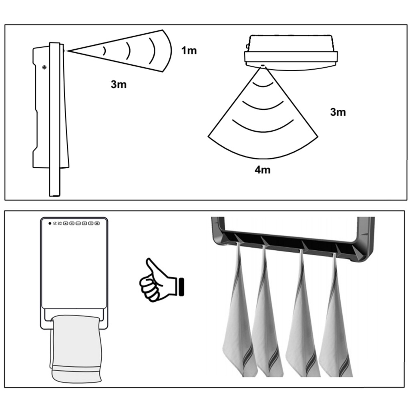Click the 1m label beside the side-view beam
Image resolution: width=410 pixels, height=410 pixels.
click(x=189, y=50)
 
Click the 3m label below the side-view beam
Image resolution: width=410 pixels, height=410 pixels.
click(x=119, y=84)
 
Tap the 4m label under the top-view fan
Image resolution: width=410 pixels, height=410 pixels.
click(x=263, y=170)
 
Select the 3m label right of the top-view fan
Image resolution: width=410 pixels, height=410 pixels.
click(x=338, y=112)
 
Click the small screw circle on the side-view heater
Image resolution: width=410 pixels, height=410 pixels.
click(x=44, y=67)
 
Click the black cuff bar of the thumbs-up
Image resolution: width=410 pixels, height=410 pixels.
click(x=181, y=287)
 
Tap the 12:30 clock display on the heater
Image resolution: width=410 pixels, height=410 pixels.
click(x=57, y=223)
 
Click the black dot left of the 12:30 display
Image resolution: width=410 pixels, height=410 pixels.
click(x=50, y=223)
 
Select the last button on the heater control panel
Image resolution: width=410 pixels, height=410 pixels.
click(x=97, y=223)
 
